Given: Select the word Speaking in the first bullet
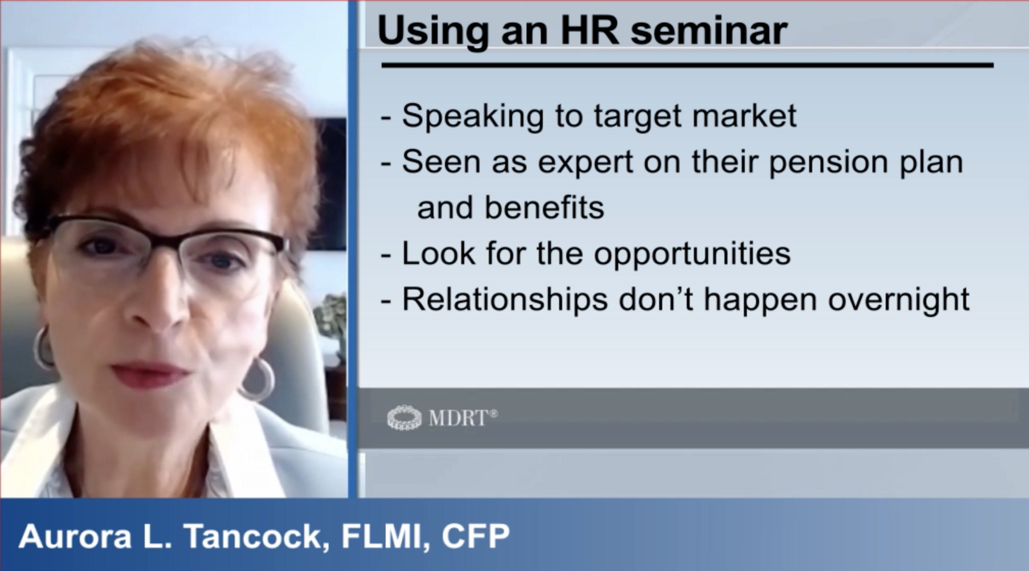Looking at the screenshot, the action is point(472,117).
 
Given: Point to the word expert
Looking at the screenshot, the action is point(586,163).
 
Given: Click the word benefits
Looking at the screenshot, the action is point(545,208).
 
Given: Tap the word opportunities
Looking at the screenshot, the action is point(692,254).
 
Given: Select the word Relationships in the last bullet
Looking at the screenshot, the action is point(505,300).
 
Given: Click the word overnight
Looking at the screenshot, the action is point(899,300).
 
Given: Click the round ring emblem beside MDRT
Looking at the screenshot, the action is point(404,418).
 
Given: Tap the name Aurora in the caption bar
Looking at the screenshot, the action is point(75,536).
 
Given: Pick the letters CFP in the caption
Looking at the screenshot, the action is point(475,536).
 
